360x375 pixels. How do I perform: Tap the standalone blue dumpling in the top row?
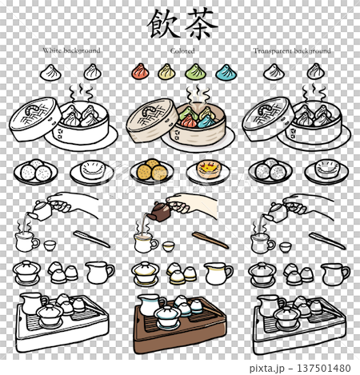point(226,72)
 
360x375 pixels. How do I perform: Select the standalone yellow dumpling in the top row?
point(166,72)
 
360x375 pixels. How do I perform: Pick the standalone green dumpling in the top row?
point(196,72)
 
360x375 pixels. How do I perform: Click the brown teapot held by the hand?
point(159,212)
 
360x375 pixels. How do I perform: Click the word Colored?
point(182,50)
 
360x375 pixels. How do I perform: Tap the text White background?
point(71,50)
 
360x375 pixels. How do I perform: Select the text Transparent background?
point(292,50)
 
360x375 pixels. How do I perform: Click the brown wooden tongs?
point(210,240)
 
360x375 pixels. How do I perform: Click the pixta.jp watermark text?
point(267,369)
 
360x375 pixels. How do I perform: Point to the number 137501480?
point(324,368)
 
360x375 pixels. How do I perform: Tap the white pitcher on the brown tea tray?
point(150,305)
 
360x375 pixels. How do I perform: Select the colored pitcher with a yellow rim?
point(218,273)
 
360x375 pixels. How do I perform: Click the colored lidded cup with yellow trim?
point(146,273)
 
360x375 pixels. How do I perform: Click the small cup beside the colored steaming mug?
point(169,246)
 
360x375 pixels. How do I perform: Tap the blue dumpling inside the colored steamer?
point(206,122)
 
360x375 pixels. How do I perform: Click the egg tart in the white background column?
point(92,169)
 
